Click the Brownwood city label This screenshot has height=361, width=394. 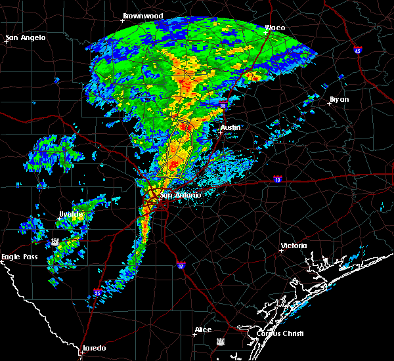pyautogui.click(x=142, y=15)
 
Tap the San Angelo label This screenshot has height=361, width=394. pyautogui.click(x=26, y=37)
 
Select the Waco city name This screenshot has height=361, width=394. pyautogui.click(x=274, y=28)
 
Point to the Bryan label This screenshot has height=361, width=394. pyautogui.click(x=339, y=100)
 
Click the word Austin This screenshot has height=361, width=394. pyautogui.click(x=230, y=127)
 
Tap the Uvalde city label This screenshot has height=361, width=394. pyautogui.click(x=70, y=214)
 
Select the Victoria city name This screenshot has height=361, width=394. pyautogui.click(x=294, y=245)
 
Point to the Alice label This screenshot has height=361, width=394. pyautogui.click(x=204, y=329)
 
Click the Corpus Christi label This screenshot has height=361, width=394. pyautogui.click(x=276, y=333)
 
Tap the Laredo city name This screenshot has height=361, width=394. pyautogui.click(x=93, y=348)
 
